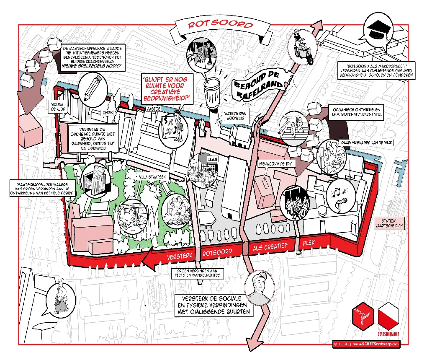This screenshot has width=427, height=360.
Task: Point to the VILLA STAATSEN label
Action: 153,177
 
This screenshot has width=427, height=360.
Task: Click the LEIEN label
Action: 212,159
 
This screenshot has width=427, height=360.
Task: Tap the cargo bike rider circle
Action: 302,47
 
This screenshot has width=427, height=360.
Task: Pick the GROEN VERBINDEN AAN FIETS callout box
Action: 198,273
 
